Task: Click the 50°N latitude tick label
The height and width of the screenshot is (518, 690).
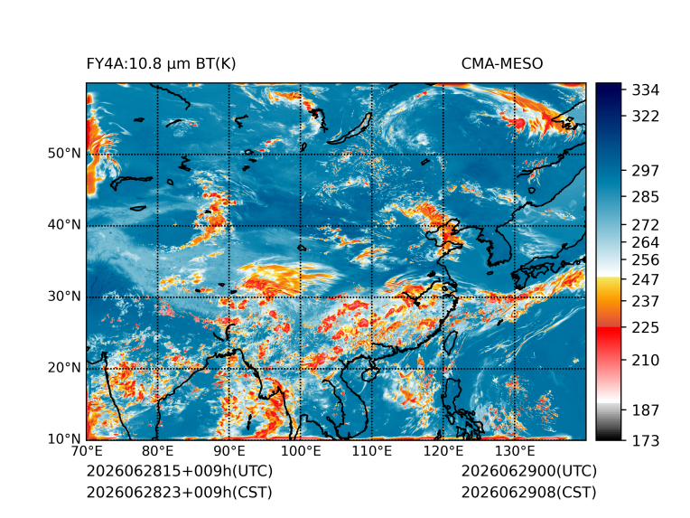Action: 64,154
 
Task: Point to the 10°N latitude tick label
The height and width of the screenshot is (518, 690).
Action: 64,438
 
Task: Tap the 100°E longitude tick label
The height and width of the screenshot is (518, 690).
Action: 300,451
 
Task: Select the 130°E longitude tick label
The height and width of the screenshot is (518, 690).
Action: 515,451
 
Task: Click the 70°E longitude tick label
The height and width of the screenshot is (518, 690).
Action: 87,451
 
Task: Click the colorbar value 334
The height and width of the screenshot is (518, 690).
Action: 646,90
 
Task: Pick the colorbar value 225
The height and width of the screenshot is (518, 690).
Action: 646,328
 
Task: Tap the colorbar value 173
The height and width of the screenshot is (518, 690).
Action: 646,440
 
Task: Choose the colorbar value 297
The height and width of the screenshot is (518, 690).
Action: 646,171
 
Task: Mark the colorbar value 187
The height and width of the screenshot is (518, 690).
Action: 646,410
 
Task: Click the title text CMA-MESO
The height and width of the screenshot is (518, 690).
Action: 502,64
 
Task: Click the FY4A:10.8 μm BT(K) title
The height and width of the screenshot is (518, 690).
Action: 161,64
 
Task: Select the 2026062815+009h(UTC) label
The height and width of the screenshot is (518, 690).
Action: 180,471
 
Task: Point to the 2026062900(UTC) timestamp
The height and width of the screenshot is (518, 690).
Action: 529,471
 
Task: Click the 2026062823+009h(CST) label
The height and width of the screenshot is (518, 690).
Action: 179,492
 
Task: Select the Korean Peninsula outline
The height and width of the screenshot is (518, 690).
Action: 501,244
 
